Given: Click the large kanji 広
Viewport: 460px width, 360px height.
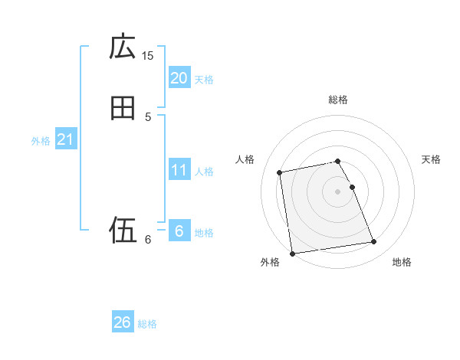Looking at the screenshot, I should tap(123, 47).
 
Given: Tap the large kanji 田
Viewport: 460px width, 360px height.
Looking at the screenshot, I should tap(123, 109).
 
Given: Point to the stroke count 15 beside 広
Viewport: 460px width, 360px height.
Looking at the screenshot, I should tap(148, 55).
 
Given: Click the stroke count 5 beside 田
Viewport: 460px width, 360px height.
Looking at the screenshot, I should tap(148, 116).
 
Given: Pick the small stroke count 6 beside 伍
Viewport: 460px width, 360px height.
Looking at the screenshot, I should tap(148, 240).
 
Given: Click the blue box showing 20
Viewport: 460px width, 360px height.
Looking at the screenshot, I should tap(179, 77).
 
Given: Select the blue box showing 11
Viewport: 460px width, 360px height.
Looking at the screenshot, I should tap(179, 170).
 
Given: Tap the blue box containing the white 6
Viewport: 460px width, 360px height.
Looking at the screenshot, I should tap(179, 231).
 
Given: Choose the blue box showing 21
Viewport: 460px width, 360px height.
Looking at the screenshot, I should tap(65, 139).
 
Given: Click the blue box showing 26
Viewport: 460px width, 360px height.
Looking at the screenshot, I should tap(123, 322).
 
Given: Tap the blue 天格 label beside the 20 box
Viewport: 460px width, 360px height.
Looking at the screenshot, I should tap(204, 79).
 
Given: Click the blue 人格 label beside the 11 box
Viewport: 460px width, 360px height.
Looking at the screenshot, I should tap(204, 172).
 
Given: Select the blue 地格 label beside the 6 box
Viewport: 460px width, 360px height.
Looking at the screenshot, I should tap(204, 233).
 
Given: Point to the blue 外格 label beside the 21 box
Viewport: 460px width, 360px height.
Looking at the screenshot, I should tap(41, 141).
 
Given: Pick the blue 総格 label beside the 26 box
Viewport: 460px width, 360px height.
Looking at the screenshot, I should tap(147, 324).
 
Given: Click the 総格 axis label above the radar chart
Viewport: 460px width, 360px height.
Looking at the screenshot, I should tap(338, 100).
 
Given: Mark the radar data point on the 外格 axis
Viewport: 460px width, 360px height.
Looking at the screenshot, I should tap(292, 253).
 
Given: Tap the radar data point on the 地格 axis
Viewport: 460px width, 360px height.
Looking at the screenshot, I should tap(373, 242).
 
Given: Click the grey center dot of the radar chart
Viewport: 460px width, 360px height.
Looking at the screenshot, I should tap(338, 191).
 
